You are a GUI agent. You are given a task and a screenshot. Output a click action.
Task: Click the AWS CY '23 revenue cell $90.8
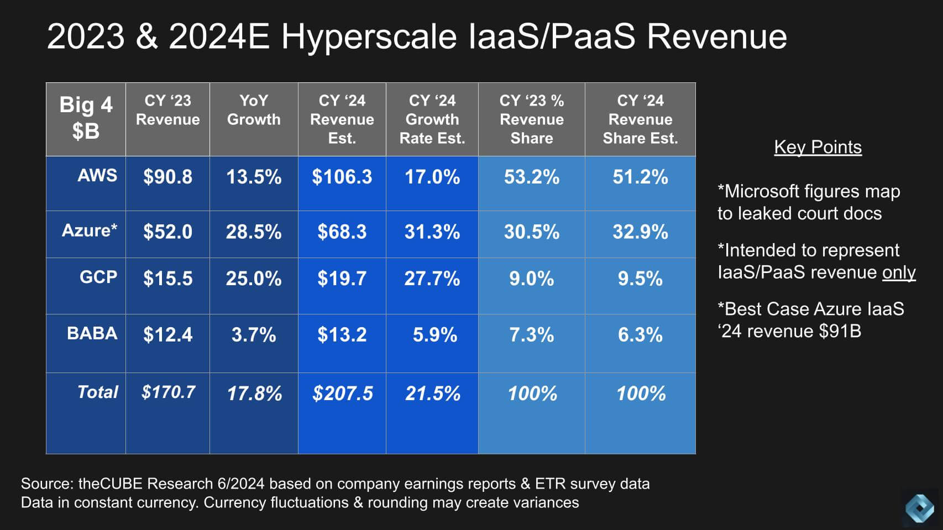(x=167, y=177)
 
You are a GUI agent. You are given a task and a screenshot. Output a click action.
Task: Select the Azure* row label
(x=89, y=230)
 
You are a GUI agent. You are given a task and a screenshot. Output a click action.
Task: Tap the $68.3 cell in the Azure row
(x=342, y=232)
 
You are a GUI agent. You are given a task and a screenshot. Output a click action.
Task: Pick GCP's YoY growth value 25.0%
(x=253, y=279)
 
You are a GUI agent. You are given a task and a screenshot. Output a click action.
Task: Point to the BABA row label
(x=92, y=333)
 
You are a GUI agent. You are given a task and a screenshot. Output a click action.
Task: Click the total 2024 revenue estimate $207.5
(x=342, y=393)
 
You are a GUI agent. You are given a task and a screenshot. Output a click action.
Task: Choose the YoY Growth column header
(x=254, y=110)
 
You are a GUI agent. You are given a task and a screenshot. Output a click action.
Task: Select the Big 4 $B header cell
(x=86, y=118)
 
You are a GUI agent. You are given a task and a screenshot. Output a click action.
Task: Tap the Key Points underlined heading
(x=818, y=147)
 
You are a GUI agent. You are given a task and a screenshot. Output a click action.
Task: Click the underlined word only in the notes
(x=898, y=272)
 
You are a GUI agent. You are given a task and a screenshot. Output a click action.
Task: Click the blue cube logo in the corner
(x=919, y=507)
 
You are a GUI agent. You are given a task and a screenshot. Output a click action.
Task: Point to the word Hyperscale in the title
(x=369, y=37)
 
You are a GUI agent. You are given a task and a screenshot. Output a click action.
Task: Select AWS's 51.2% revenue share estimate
(x=640, y=177)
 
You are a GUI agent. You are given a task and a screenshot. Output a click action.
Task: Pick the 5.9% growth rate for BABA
(x=434, y=335)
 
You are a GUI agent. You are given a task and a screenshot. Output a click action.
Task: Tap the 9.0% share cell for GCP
(x=531, y=279)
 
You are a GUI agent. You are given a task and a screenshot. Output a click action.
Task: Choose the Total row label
(x=97, y=392)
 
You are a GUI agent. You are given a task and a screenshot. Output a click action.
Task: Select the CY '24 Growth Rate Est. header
(x=432, y=119)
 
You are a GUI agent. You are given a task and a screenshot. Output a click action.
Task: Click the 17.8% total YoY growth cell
(x=254, y=393)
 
